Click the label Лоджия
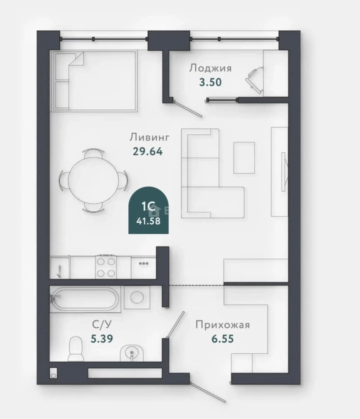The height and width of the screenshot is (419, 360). point(210,68)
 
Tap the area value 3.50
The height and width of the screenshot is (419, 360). point(210,82)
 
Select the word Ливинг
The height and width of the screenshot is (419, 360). point(149,137)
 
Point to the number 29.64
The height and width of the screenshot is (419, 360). point(147,152)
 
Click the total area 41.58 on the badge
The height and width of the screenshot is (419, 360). point(148,221)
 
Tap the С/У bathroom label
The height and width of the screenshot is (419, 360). point(102,324)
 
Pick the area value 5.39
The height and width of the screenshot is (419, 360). point(102,339)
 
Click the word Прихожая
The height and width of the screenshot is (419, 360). point(223,325)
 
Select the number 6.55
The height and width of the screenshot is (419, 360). point(223,339)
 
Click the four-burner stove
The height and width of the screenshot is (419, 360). point(106,267)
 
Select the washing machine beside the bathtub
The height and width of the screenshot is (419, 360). point(137,297)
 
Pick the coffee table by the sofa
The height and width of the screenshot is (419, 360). point(244,158)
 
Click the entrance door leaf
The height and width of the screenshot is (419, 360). point(208,392)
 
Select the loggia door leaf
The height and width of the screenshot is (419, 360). point(188,108)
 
